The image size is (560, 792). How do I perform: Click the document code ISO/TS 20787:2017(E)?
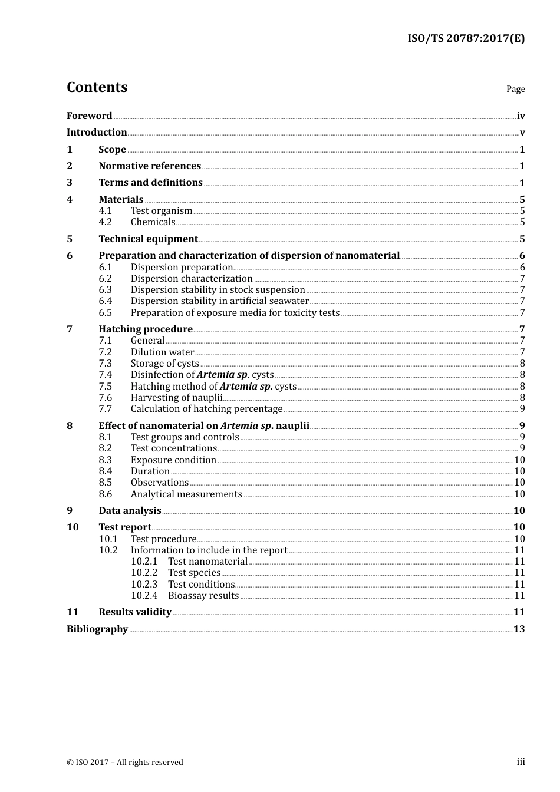466,39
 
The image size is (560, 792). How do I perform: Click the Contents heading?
97,87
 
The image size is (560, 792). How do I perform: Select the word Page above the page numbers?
515,89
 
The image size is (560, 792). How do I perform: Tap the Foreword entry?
89,116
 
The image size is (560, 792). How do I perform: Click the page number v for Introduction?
522,133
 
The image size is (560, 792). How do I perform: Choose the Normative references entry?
150,166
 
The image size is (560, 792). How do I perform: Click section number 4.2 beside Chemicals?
105,222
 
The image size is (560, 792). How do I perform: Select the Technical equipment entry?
148,239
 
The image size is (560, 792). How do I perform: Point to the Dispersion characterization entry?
192,279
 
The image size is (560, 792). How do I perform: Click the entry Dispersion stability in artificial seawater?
219,301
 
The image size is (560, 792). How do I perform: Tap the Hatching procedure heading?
146,329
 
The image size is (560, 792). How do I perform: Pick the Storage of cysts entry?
164,364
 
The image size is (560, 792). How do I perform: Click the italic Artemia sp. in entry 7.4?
223,375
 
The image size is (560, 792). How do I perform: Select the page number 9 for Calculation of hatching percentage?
522,409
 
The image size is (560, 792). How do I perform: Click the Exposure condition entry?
173,460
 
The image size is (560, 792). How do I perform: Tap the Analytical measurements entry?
186,494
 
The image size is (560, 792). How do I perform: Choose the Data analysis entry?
130,511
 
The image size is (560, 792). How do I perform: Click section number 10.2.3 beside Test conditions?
144,585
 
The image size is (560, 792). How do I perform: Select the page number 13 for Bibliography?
519,629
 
